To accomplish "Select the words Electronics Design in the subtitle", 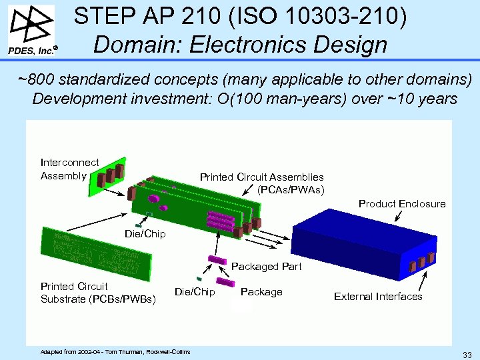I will click(289, 45).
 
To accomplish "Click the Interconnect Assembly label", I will click(69, 169).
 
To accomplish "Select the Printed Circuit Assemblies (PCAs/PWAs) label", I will click(262, 183).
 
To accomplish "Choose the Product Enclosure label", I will click(402, 203).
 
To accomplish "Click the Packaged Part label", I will click(266, 267).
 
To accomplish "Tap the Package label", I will click(261, 291).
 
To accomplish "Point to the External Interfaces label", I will click(378, 296).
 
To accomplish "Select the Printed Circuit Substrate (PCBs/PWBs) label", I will click(98, 293).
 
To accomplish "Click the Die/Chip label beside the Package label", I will click(195, 291).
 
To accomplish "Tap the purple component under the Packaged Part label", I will click(216, 259).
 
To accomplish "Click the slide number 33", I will click(467, 353).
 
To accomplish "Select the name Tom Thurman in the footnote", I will click(122, 351).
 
